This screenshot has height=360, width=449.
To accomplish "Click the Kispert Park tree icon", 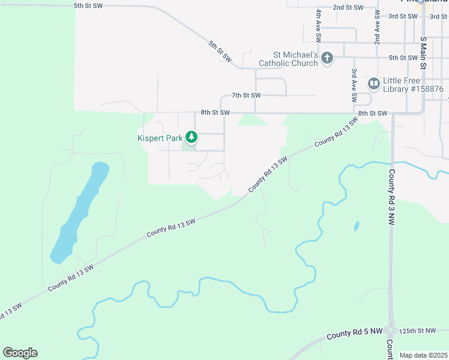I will pyautogui.click(x=191, y=138).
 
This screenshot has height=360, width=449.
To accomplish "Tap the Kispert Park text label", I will pyautogui.click(x=159, y=138).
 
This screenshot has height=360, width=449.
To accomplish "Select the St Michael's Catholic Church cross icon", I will pyautogui.click(x=327, y=58).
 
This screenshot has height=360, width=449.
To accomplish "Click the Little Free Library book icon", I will pyautogui.click(x=373, y=83).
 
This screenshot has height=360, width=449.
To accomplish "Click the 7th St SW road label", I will pyautogui.click(x=246, y=95).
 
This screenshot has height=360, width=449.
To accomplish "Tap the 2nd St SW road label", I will pyautogui.click(x=348, y=8).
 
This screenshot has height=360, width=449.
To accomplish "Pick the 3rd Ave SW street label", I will pyautogui.click(x=355, y=85).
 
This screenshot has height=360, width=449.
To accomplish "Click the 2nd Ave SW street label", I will pyautogui.click(x=378, y=27).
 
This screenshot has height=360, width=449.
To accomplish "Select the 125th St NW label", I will pyautogui.click(x=419, y=331).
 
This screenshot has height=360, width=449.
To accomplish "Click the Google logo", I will pyautogui.click(x=20, y=352).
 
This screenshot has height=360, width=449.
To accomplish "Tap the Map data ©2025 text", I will pyautogui.click(x=423, y=355).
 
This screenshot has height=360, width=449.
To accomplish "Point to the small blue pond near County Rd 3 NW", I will pyautogui.click(x=357, y=226).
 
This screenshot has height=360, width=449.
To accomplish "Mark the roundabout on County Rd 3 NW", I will pyautogui.click(x=391, y=329).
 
